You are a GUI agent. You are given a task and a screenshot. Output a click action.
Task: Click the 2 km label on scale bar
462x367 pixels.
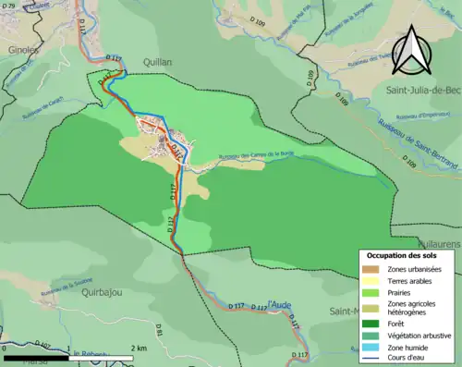[x=138, y=348]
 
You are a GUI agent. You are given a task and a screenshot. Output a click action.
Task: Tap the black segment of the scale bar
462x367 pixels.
[x=36, y=358]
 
